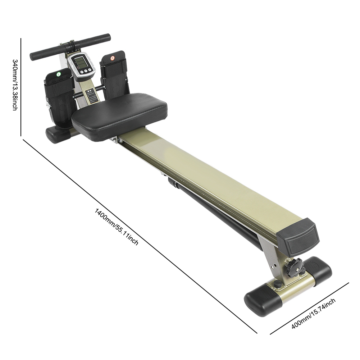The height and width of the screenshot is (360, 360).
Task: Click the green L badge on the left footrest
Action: tap(59, 74)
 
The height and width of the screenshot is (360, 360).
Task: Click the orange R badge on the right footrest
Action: tap(112, 58)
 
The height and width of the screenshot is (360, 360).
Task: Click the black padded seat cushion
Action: tap(119, 116)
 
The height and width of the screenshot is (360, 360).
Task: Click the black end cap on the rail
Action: tap(298, 238)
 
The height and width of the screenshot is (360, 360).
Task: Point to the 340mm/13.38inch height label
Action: tap(15, 85)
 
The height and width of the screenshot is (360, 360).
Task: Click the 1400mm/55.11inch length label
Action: tap(117, 227)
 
